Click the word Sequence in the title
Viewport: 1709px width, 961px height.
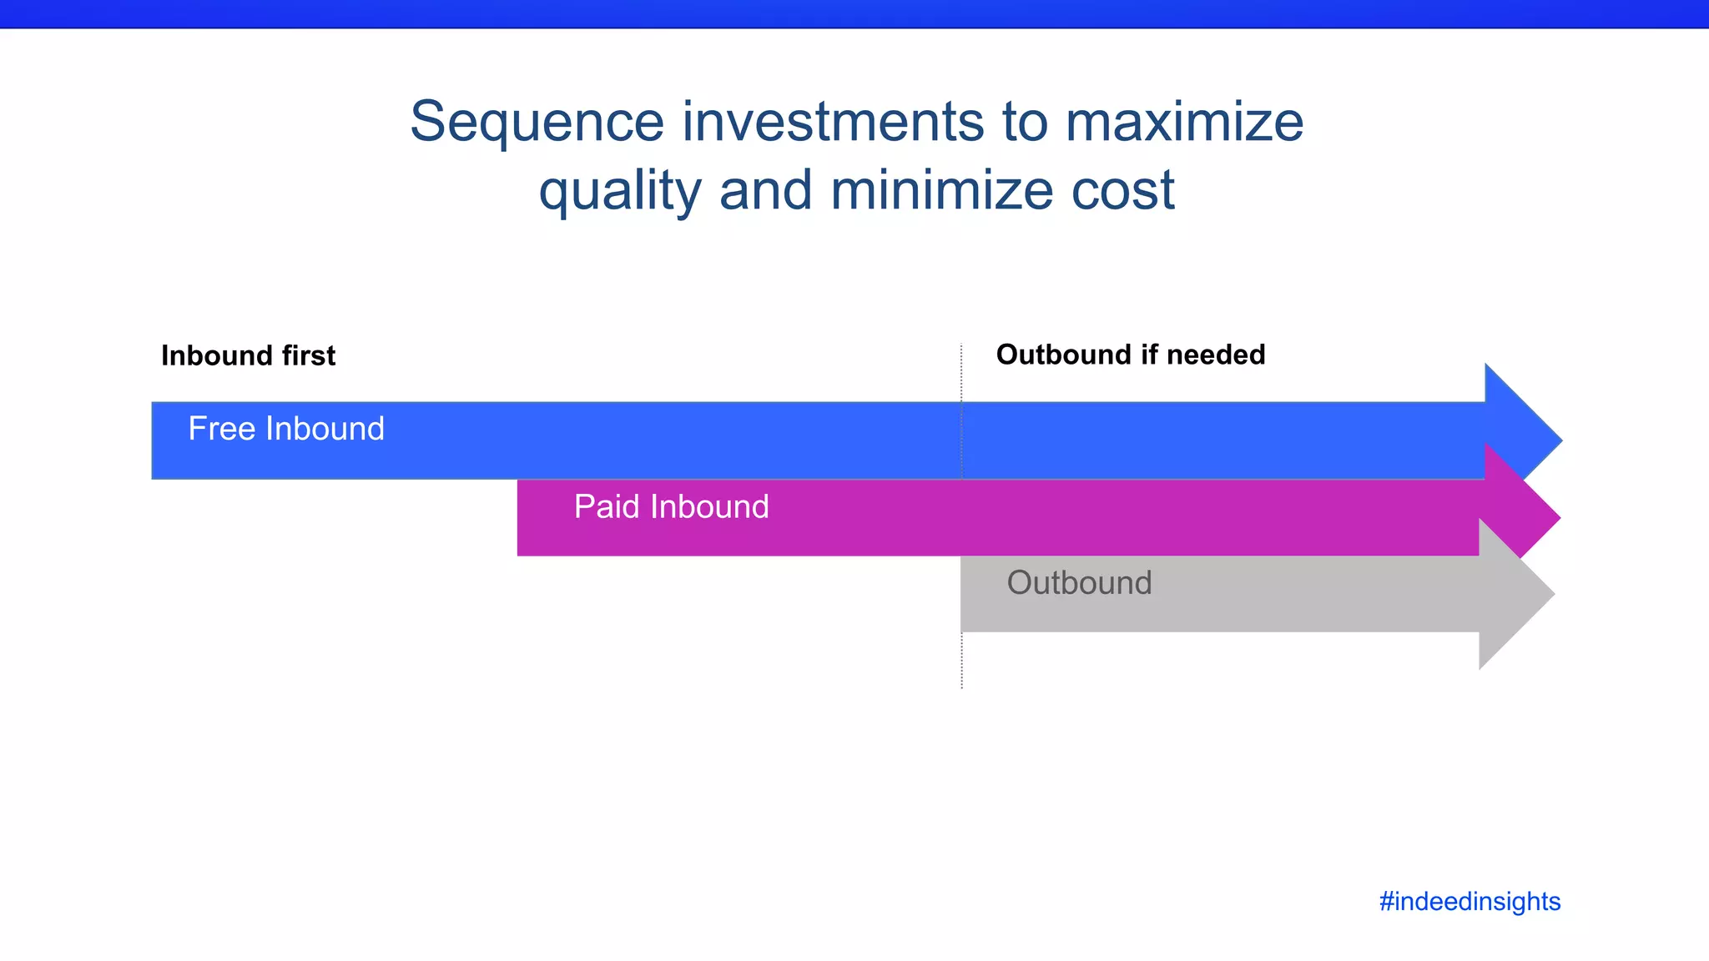click(537, 123)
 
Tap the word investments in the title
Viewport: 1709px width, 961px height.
click(833, 121)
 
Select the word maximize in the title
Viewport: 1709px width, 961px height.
click(1184, 121)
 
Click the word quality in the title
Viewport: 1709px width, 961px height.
click(619, 191)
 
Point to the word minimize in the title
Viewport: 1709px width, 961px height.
click(941, 189)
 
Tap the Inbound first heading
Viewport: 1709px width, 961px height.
click(248, 355)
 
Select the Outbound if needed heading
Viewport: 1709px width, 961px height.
click(1130, 355)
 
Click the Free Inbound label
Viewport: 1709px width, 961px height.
click(286, 429)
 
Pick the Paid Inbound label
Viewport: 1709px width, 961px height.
click(671, 506)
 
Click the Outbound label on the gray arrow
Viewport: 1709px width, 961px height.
click(1079, 582)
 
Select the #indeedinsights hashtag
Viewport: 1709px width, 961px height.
click(1470, 901)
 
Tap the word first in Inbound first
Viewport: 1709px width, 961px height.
click(308, 355)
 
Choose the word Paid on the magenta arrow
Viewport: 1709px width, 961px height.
click(607, 506)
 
